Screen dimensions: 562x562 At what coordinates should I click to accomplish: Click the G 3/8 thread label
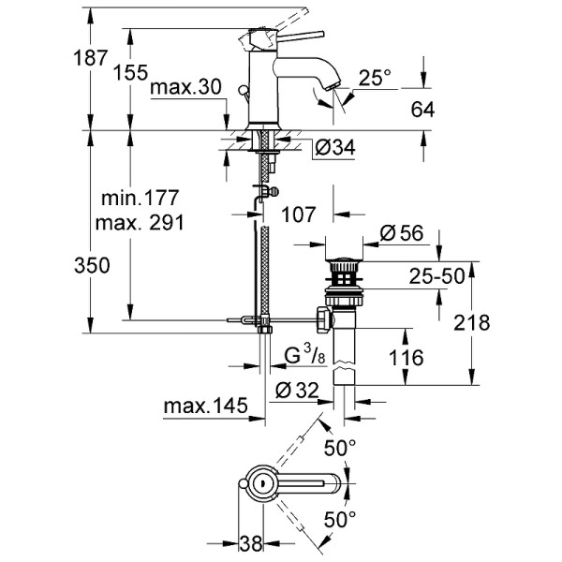coord(304,356)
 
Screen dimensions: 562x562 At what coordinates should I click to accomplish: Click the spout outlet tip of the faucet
coord(330,88)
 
